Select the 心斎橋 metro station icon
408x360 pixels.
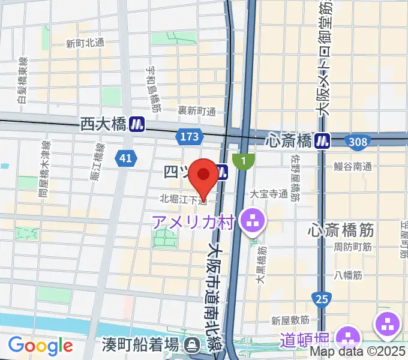click(x=325, y=140)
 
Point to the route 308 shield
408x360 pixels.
click(x=357, y=140)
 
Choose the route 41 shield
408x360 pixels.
click(x=125, y=158)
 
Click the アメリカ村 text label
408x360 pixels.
click(x=192, y=223)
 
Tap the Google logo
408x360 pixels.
click(x=40, y=346)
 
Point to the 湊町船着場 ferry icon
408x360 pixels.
click(x=192, y=345)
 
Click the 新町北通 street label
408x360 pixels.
click(x=85, y=43)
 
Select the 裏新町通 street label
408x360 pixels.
click(x=196, y=112)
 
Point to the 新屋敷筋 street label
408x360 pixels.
click(x=290, y=320)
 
